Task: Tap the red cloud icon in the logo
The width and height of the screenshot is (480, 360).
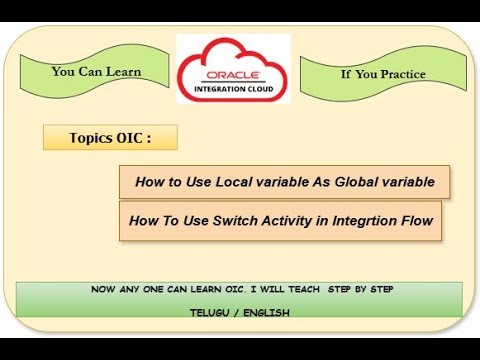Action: tap(233, 60)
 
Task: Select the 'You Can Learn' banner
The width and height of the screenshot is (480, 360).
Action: tap(96, 72)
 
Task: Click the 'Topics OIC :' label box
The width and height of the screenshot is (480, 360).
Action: tap(110, 138)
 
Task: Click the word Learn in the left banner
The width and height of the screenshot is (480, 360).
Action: tap(121, 72)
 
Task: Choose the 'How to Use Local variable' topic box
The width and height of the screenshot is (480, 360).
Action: tap(270, 182)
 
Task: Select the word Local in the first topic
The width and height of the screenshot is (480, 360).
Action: tap(215, 182)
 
